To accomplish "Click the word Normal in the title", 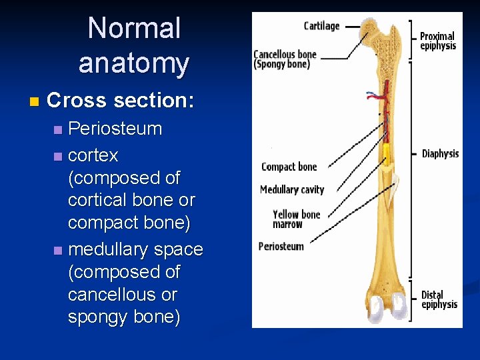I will coord(134,29).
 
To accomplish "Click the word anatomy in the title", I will coord(134,63).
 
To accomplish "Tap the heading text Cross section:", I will coord(121,101).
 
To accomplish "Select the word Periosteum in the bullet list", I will coord(115,129).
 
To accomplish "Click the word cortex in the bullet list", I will coord(93,155).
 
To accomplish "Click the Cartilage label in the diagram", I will coord(321,26).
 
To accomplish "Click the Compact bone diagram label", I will coord(289,167).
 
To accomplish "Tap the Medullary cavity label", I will coord(292,190).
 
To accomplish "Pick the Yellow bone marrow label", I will coord(296,219).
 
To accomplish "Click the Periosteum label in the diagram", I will coord(281,247).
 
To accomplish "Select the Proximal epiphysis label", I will coord(437,41).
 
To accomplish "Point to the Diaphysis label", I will coord(440,154).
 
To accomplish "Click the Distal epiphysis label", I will coord(439,299).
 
